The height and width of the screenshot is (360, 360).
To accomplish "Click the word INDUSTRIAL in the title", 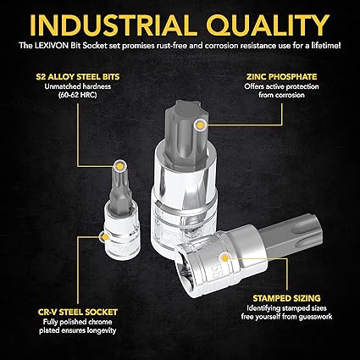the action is (113, 25).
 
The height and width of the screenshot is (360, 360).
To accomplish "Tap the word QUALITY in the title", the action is (269, 25).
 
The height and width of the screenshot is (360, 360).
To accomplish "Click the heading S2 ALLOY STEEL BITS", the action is (78, 77).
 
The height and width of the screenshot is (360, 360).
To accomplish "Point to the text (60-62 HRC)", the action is (78, 95).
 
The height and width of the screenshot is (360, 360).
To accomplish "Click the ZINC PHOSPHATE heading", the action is (281, 77).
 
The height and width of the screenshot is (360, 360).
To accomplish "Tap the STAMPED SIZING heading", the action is (286, 298).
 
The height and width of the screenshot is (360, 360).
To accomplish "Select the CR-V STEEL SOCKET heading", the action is (78, 312).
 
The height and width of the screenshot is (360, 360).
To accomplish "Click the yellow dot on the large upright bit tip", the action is (200, 125).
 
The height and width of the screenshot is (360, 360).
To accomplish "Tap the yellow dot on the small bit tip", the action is (119, 166).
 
